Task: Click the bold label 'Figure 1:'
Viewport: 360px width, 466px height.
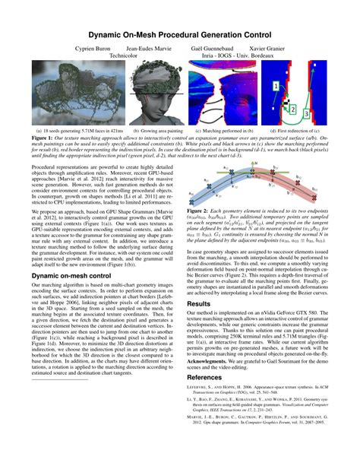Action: click(x=43, y=138)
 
